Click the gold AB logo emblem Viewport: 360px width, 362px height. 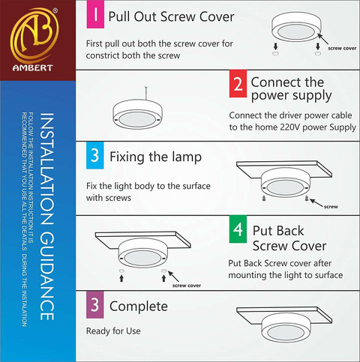(x=34, y=35)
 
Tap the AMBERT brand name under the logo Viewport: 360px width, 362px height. (x=33, y=68)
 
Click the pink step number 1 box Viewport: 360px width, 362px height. (x=95, y=14)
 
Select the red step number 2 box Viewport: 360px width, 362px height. (x=238, y=84)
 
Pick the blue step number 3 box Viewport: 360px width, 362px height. (x=95, y=155)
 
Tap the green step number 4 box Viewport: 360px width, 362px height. (x=238, y=229)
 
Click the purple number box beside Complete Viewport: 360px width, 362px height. (x=95, y=304)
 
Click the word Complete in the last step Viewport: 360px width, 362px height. (x=139, y=307)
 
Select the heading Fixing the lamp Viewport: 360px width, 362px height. (x=155, y=157)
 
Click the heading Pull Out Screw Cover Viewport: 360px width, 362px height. (x=171, y=16)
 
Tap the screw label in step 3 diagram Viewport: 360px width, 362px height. (x=331, y=207)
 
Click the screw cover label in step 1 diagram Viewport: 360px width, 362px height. (x=342, y=49)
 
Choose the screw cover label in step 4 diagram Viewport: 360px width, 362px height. (x=187, y=286)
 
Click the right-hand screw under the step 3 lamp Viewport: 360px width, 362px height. (x=307, y=199)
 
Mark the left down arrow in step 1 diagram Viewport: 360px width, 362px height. (x=275, y=46)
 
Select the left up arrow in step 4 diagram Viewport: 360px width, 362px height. (x=121, y=278)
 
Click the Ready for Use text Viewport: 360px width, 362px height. (x=113, y=331)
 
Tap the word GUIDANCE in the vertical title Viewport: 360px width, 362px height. (x=46, y=276)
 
